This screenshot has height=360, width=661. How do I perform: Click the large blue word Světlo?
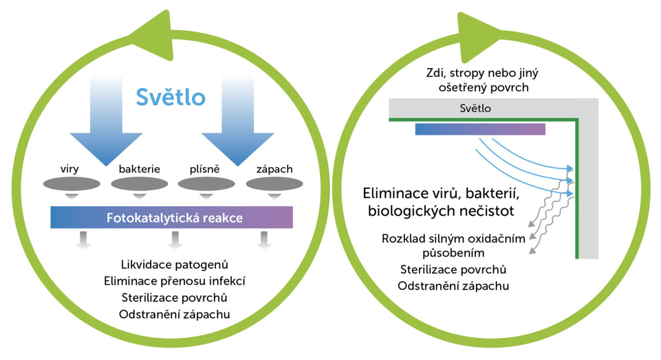171,97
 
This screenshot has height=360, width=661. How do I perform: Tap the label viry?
69,169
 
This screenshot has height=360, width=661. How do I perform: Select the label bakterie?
139,169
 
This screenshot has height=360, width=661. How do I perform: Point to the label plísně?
204,169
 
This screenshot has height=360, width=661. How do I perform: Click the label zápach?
274,169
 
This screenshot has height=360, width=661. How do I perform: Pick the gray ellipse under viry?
72,184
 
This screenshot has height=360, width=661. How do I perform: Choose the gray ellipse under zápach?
274,184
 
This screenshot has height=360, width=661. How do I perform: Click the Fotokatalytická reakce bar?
171,217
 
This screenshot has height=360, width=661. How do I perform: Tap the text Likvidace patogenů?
175,265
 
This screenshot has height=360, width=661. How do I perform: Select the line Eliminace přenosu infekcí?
175,281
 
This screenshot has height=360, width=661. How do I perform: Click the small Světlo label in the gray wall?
475,108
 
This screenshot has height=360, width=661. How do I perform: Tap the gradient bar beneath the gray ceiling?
480,129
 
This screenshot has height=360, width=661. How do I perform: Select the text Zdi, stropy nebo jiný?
482,73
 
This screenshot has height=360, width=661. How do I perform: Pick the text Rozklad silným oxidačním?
453,238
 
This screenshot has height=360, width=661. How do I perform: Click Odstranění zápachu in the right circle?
453,286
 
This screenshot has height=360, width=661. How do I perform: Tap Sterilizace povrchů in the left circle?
175,298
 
